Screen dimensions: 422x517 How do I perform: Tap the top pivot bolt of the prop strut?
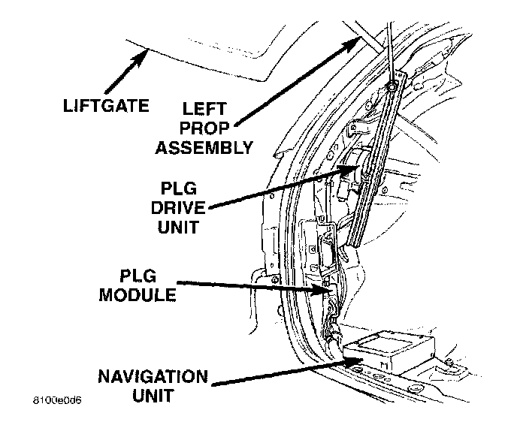[x=394, y=89]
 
